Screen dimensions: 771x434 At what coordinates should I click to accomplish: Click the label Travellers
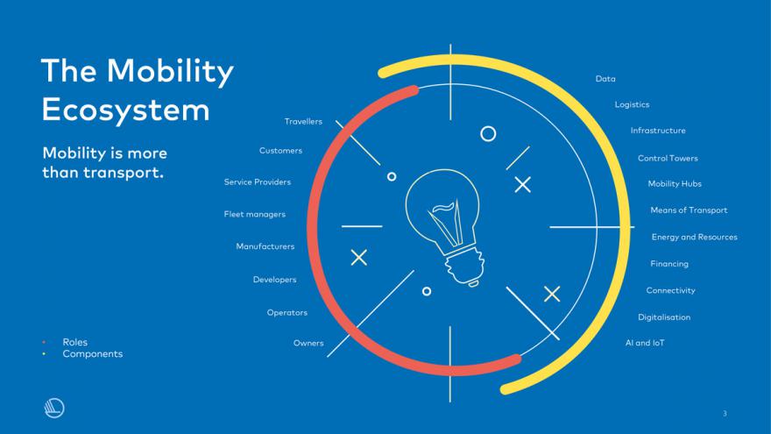[303, 122]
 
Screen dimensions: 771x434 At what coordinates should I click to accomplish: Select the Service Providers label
[258, 182]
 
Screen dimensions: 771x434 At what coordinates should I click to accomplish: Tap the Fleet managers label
[254, 214]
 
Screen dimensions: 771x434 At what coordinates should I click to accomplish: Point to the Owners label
[308, 343]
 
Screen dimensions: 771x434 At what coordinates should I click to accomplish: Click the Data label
[605, 79]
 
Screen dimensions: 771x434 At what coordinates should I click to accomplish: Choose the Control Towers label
[668, 158]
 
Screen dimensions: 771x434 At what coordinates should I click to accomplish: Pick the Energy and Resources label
[694, 238]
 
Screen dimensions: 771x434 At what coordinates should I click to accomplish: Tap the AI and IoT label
[645, 343]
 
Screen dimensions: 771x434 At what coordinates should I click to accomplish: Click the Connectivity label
[671, 290]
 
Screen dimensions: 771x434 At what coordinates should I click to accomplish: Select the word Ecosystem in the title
[126, 110]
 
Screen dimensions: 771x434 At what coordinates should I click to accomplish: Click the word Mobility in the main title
[170, 71]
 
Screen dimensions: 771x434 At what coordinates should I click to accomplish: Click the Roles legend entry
[74, 342]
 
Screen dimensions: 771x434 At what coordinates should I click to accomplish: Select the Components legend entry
[93, 354]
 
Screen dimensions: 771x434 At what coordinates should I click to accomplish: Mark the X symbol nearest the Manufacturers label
[359, 258]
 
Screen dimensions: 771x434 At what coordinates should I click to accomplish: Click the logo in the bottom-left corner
[54, 408]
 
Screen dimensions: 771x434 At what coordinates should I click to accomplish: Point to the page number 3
[725, 413]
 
